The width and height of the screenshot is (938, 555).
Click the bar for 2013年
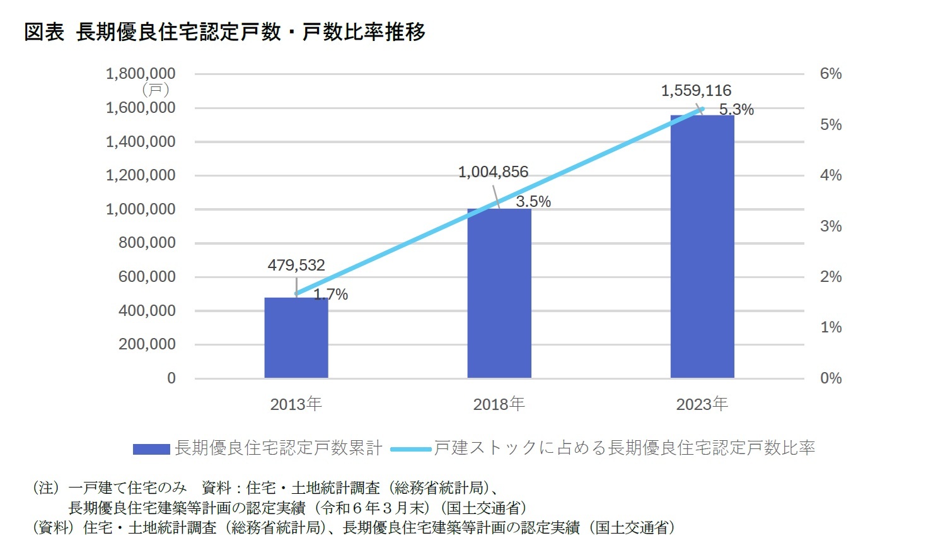point(296,338)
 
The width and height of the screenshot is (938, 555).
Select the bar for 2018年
point(499,293)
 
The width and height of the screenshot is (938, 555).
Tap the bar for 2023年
point(702,247)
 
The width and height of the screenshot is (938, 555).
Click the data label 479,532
point(296,265)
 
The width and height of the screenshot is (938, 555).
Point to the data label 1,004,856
point(493,172)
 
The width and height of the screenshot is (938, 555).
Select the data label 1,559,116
point(696,91)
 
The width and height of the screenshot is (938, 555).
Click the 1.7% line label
point(331,295)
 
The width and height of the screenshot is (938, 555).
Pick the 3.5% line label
point(533,202)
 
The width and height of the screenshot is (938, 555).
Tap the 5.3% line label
point(736,110)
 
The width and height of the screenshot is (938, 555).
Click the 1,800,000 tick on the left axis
point(141,74)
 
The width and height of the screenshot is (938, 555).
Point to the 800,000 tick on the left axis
point(147,243)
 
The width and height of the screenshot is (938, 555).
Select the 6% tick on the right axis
point(830,74)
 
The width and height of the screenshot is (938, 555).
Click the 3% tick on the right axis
point(830,226)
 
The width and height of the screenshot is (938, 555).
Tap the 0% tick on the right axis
point(830,378)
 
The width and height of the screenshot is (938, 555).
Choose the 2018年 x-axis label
point(499,404)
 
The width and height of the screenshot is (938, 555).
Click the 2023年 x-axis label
point(702,404)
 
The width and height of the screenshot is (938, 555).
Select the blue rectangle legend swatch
point(151,449)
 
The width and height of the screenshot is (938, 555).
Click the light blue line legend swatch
point(410,449)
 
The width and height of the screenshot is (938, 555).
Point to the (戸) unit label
point(156,90)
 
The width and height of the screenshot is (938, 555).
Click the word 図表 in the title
point(44,32)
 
